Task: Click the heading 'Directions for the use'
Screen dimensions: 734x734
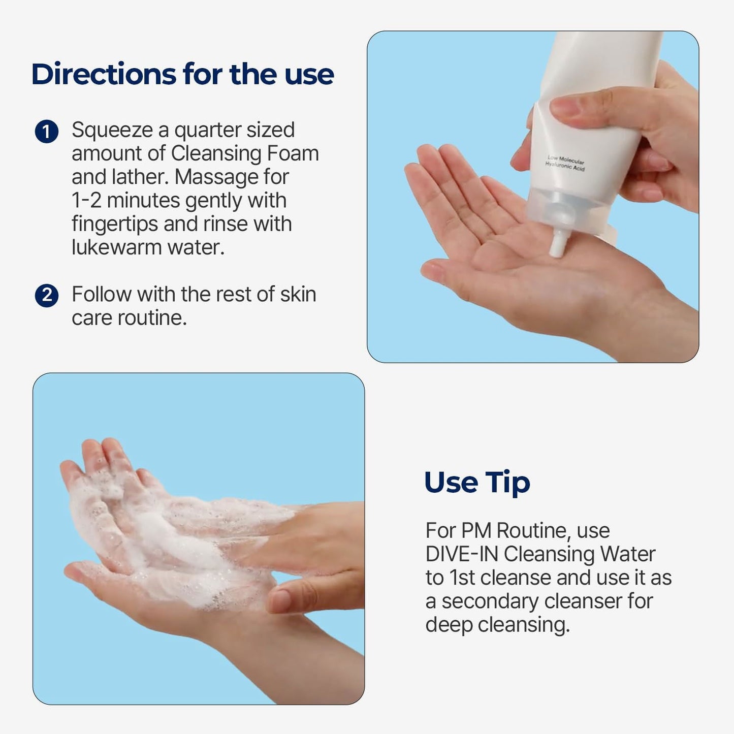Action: pos(182,74)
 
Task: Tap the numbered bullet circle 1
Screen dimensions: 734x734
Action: pos(47,132)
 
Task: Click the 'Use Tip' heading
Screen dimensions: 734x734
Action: pos(476,482)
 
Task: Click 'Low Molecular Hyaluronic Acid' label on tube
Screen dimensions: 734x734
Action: pos(565,163)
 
